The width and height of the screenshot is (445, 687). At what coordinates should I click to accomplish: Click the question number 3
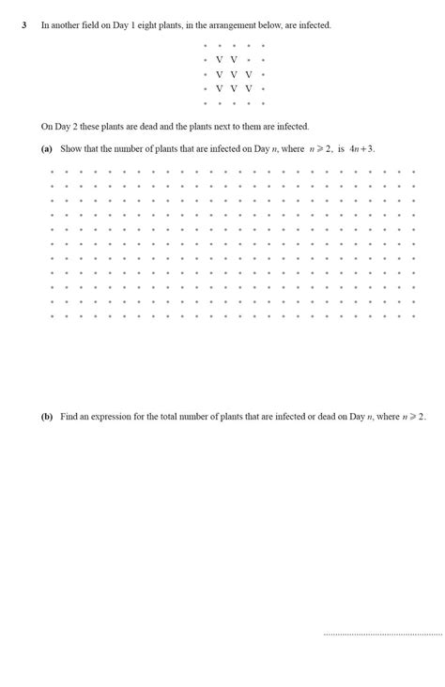24,25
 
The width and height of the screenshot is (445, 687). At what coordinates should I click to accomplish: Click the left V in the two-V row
219,60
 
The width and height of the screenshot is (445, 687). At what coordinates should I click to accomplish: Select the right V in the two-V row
234,60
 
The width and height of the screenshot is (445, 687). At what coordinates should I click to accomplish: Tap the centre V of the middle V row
234,74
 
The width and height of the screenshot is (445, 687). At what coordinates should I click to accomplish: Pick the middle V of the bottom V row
234,89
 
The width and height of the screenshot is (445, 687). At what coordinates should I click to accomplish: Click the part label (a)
47,148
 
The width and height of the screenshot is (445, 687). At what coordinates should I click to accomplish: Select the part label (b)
47,416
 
